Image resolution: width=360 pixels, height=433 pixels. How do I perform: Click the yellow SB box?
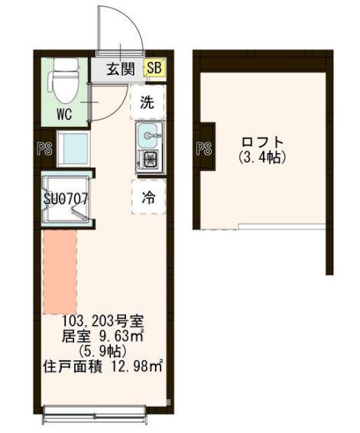[153, 70]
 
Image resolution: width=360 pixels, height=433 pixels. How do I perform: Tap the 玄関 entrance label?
[121, 70]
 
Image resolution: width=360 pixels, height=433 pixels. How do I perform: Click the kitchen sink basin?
[148, 136]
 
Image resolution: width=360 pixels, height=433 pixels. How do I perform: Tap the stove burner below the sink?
[148, 159]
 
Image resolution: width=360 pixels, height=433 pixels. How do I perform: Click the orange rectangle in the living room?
[60, 272]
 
